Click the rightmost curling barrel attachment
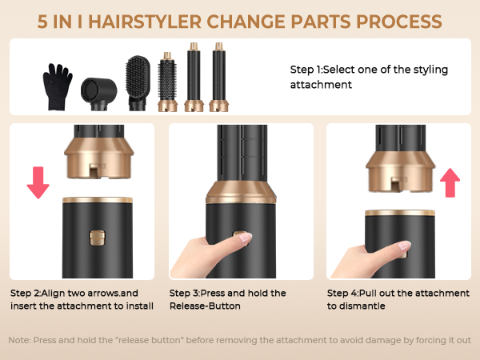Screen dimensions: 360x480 click(x=217, y=75)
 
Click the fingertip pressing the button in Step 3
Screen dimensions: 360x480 click(x=245, y=238)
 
